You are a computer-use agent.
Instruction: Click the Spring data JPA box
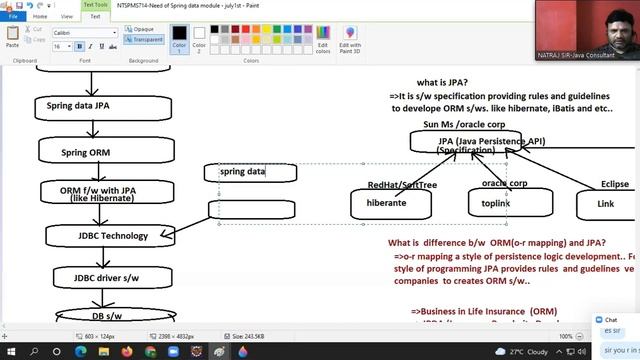point(91,105)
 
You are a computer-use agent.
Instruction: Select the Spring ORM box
point(91,152)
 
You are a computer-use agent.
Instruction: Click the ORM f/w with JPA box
point(97,192)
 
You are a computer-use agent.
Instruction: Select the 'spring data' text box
point(250,172)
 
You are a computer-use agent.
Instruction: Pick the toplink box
point(496,203)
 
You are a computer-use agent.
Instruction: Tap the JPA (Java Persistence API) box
point(465,143)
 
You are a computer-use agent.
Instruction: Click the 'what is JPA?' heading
point(442,82)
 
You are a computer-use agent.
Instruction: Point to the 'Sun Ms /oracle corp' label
point(463,124)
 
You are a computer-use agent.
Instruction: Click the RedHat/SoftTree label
point(401,184)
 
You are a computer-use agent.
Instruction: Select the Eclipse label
point(615,184)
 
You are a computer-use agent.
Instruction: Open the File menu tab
point(13,17)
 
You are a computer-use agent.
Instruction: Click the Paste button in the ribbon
point(13,39)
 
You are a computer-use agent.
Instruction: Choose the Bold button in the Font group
point(80,47)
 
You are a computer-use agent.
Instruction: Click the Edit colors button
point(322,41)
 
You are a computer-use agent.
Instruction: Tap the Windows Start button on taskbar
point(11,352)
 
